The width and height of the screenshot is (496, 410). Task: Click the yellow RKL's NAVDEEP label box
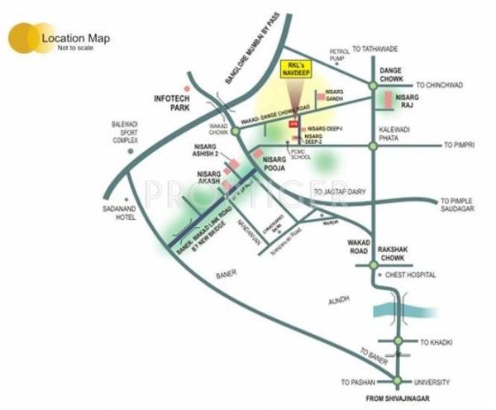click(294, 69)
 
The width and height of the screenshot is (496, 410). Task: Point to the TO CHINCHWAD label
click(443, 84)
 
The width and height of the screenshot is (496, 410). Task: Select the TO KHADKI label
click(438, 341)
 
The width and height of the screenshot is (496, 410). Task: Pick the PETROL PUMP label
click(341, 55)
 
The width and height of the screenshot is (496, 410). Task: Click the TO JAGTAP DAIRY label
click(341, 192)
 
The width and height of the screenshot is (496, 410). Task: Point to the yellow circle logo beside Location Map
click(25, 38)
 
